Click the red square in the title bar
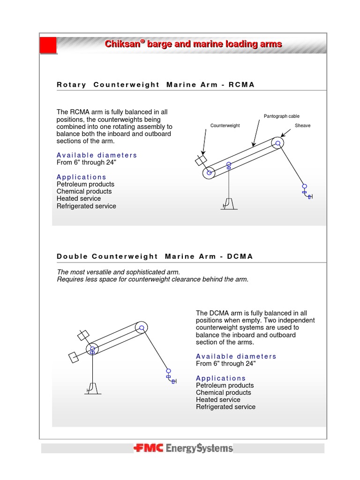click(x=48, y=45)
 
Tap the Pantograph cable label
click(x=281, y=116)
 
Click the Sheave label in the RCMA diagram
click(x=302, y=126)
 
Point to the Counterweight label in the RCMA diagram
click(x=225, y=126)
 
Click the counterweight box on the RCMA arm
click(x=201, y=160)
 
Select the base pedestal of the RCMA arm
click(x=228, y=203)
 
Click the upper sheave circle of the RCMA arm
click(x=278, y=143)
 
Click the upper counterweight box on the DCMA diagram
click(x=83, y=335)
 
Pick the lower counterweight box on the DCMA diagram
click(x=74, y=357)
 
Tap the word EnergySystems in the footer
click(x=199, y=448)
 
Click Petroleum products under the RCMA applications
click(x=85, y=184)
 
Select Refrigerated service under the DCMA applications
click(x=225, y=407)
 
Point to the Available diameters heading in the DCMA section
click(x=236, y=356)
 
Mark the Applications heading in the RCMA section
click(x=82, y=177)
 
